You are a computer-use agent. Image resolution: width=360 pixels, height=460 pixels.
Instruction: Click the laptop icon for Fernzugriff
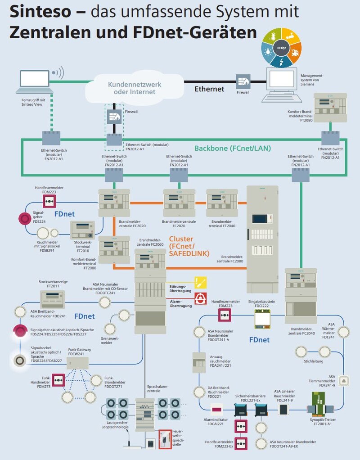tap(36, 79)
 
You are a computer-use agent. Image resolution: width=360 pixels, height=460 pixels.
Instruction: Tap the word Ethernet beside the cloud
tap(209, 89)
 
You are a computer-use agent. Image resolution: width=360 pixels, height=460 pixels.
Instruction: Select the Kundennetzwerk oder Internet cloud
tap(134, 88)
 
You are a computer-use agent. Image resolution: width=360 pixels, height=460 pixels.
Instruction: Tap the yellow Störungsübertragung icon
tap(200, 283)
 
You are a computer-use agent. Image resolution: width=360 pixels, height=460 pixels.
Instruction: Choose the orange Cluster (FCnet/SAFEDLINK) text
tap(189, 246)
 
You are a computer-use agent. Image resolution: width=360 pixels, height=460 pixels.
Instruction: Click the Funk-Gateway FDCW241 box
tap(80, 363)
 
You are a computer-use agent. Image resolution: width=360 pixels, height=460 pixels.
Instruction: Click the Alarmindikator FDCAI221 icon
tap(217, 410)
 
